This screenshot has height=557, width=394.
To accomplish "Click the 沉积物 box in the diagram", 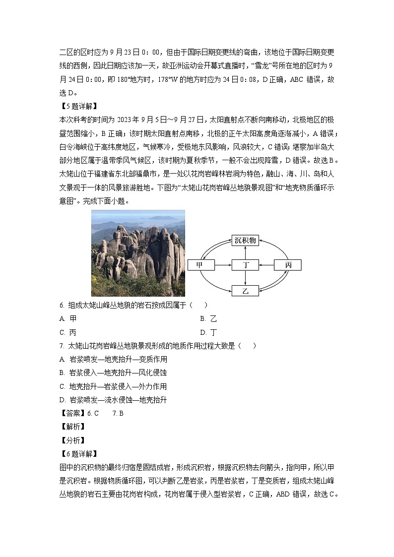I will pos(245,241).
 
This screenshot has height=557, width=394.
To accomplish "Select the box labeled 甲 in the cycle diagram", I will pos(200,265).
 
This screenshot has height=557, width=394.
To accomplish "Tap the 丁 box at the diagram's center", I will pos(245,265).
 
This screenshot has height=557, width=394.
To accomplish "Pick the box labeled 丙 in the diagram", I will pos(288,265).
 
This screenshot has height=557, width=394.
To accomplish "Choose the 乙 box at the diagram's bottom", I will pos(245,290).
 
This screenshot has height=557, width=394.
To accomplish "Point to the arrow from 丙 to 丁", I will pos(266,265).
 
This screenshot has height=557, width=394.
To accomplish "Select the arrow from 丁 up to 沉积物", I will pos(245,252).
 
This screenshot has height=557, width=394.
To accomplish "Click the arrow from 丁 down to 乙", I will pos(245,278).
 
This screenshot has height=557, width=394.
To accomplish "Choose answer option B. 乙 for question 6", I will pos(208,319).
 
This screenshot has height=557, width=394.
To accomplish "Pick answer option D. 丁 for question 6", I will pos(208,332).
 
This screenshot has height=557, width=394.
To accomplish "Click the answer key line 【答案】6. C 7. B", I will pos(91,413).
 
